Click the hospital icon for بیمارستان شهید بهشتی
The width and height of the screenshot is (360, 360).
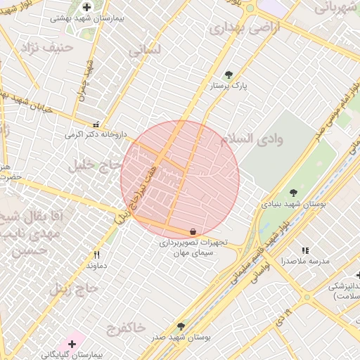[86, 7]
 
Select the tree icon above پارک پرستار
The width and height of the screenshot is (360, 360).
[228, 75]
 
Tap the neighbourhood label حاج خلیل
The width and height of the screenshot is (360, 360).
[92, 166]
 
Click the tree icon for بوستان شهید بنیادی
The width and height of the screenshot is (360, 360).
[293, 193]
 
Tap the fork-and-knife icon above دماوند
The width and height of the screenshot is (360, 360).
[96, 255]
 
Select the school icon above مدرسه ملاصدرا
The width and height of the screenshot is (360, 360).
[305, 250]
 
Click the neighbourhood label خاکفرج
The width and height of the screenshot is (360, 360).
[127, 327]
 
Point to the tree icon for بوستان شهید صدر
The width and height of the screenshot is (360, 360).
[181, 327]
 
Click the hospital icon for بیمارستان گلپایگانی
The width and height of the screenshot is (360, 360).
[71, 344]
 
